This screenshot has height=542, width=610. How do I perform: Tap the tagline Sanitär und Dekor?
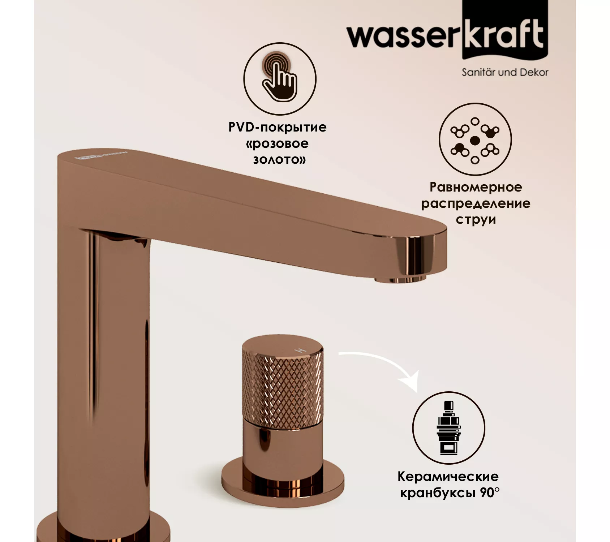[x=505, y=73]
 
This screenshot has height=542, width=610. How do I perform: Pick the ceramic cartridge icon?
[x=448, y=427]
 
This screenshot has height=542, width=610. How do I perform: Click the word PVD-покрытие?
[x=277, y=127]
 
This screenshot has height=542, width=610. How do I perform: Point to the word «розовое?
[x=277, y=143]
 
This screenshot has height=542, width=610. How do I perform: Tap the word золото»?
[x=279, y=160]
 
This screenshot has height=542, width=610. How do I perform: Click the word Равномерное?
[x=476, y=187]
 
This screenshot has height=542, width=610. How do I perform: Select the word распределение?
[x=476, y=203]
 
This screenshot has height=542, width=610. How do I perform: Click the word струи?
[x=476, y=219]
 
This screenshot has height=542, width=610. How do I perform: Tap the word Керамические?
[x=448, y=476]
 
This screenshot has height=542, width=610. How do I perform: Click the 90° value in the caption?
[x=490, y=492]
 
